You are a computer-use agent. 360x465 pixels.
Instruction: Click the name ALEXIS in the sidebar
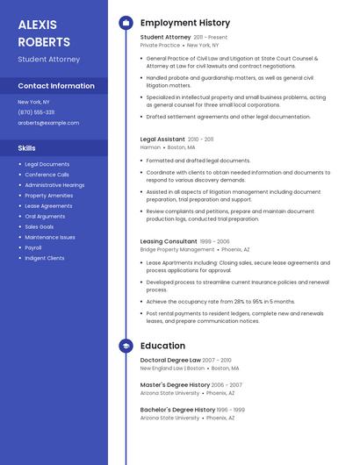pos(37,25)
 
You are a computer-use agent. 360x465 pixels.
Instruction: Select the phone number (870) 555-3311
pos(36,112)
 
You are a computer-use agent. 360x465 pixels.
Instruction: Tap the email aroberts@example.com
pos(48,123)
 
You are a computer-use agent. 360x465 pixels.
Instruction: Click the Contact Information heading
pos(56,86)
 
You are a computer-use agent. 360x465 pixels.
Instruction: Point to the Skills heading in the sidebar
pos(27,148)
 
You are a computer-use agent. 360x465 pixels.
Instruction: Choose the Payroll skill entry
pos(34,247)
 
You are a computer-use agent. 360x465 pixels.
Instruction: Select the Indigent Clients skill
pos(44,258)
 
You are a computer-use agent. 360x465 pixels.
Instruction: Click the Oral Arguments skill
pos(45,216)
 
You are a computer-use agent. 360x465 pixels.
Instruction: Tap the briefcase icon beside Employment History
pos(126,23)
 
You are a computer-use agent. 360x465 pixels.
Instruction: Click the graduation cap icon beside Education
pos(126,346)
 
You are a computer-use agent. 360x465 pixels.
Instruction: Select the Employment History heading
pos(185,23)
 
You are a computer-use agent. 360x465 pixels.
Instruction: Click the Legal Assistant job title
pos(162,139)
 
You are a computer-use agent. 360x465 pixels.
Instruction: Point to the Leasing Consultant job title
pos(169,241)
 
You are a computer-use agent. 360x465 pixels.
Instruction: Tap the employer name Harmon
pos(150,147)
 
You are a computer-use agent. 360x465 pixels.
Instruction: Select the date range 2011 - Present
pos(211,38)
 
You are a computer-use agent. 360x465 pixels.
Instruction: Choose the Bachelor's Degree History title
pos(177,410)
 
